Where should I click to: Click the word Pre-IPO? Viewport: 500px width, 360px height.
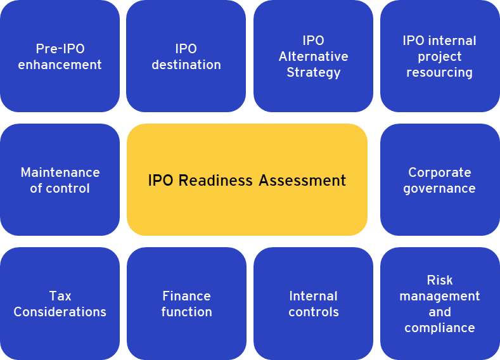[x=60, y=49]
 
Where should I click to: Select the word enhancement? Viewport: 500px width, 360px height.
[x=60, y=65]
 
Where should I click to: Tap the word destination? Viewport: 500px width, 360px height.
[x=186, y=65]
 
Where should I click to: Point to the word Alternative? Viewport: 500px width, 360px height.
[x=314, y=56]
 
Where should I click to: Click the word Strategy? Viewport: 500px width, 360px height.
[x=314, y=73]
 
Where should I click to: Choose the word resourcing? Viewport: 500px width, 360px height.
[x=439, y=73]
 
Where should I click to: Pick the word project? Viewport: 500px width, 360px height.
[x=439, y=57]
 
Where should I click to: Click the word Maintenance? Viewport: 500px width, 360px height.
[x=60, y=172]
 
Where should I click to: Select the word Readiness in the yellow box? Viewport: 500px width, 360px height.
[x=215, y=181]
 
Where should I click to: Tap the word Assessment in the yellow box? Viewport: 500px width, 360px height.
[x=302, y=181]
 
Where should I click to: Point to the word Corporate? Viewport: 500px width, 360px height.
[x=440, y=172]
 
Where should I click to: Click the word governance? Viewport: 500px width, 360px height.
[x=439, y=189]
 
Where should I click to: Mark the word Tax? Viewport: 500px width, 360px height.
[x=60, y=296]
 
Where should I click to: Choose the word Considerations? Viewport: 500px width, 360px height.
[x=60, y=312]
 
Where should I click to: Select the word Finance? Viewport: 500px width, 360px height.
[x=186, y=296]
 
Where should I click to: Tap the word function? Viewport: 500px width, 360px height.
[x=186, y=312]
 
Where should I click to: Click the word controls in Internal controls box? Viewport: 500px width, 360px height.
[x=314, y=312]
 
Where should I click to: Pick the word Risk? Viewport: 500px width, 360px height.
[x=440, y=280]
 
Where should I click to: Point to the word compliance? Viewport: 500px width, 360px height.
[x=440, y=328]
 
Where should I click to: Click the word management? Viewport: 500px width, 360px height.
[x=440, y=297]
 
